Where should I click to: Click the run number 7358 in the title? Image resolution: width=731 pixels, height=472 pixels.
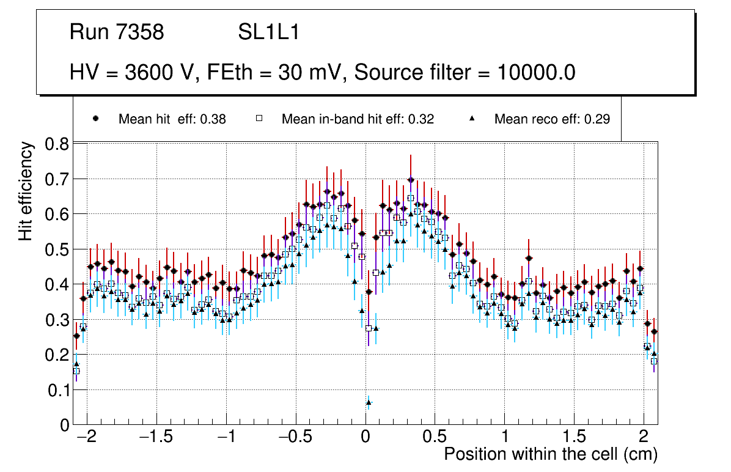pos(141,32)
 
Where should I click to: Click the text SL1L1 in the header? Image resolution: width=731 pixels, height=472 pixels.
pos(269,32)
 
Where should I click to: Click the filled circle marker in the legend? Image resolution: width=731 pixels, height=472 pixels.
pos(95,119)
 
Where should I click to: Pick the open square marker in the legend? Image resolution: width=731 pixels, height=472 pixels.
pos(259,119)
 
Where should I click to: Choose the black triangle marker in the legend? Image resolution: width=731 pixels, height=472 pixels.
pos(472,119)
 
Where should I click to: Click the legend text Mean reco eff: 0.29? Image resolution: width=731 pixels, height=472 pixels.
pos(552,119)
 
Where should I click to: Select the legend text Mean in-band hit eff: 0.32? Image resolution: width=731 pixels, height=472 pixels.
pos(358,119)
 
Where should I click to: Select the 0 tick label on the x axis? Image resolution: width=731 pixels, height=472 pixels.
pos(365,438)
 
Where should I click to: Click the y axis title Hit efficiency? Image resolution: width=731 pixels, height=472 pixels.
pos(26,191)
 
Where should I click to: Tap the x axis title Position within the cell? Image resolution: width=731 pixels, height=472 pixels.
pos(550,455)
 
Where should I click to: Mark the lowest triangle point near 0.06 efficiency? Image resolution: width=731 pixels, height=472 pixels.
pos(369,402)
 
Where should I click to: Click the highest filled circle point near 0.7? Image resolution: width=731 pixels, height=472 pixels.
pos(411,180)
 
